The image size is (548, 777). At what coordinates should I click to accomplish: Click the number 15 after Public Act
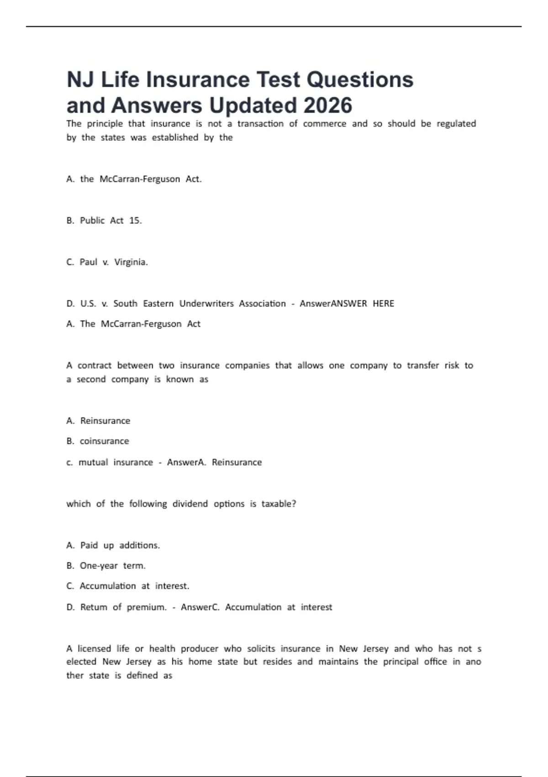point(135,220)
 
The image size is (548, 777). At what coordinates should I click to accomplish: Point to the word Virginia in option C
point(131,262)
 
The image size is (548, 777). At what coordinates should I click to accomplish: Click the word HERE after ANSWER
point(383,303)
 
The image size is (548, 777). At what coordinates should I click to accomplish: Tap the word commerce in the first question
point(325,123)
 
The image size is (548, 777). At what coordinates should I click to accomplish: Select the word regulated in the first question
point(456,123)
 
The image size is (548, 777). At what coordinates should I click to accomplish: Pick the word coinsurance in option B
point(104,441)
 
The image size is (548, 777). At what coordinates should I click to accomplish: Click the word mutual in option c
point(93,462)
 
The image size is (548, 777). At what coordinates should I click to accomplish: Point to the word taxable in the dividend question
point(278,504)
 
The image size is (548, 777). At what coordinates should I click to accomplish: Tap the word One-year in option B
point(99,565)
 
